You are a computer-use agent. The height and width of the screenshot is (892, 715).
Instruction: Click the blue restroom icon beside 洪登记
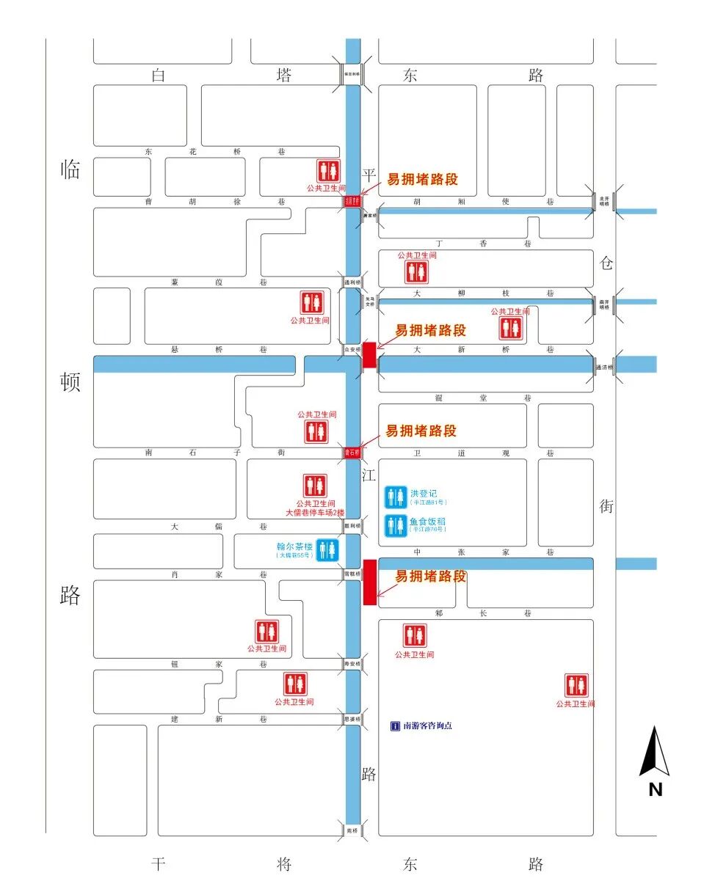396,497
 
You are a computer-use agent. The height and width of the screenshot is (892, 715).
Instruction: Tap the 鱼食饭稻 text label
428,522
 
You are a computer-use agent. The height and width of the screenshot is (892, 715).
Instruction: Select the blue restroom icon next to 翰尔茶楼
327,549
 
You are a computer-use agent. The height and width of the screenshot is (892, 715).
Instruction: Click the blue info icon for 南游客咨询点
395,725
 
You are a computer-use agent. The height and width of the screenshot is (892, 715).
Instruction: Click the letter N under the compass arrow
655,789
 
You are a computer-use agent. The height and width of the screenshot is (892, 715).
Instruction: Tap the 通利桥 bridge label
353,282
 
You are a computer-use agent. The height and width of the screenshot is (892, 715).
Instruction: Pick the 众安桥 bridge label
353,349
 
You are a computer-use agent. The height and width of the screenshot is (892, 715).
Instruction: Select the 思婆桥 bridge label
353,719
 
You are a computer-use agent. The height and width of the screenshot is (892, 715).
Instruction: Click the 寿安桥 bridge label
353,664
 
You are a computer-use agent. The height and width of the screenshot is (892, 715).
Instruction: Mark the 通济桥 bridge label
604,367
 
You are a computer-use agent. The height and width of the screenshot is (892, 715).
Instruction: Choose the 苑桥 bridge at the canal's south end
353,830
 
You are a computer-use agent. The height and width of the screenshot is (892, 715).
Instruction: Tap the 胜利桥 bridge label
353,525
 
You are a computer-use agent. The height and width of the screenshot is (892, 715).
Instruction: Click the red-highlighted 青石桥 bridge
353,453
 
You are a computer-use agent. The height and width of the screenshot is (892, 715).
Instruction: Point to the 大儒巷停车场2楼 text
315,512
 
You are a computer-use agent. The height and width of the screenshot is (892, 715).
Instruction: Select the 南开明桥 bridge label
604,303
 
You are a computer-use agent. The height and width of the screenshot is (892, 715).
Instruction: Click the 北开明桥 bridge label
604,201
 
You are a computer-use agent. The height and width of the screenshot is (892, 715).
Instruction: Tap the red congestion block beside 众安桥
369,354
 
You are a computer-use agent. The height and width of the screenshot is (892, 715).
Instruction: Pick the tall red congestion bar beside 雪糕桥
370,582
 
